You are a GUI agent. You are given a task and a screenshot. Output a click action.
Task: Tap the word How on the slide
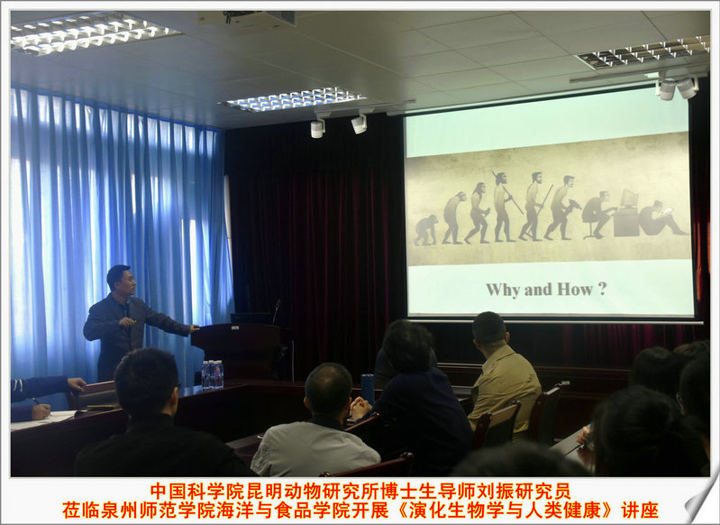click(x=575, y=290)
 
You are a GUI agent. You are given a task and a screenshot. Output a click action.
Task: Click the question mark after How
click(x=603, y=289)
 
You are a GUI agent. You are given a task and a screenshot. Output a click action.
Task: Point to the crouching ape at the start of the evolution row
click(x=425, y=230)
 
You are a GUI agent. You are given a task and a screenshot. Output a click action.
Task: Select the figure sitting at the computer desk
click(x=597, y=215)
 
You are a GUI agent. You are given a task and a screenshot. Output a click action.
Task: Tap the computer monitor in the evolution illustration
click(x=629, y=198)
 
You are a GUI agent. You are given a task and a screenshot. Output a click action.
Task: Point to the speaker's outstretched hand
click(x=194, y=328)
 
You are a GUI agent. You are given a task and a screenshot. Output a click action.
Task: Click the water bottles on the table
click(x=212, y=373)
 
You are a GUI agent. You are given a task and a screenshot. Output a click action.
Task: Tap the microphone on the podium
click(x=276, y=311)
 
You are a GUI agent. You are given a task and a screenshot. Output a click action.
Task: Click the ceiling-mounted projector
click(x=248, y=18)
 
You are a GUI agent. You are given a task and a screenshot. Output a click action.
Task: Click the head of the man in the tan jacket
click(x=489, y=329)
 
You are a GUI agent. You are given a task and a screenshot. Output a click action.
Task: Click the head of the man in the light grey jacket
click(x=328, y=390)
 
